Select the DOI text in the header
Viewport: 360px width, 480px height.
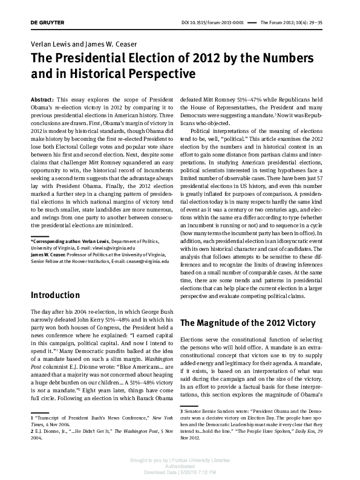click(x=212, y=22)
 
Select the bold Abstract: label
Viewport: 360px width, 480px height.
click(x=42, y=98)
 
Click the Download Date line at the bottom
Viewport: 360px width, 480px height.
click(x=180, y=472)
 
